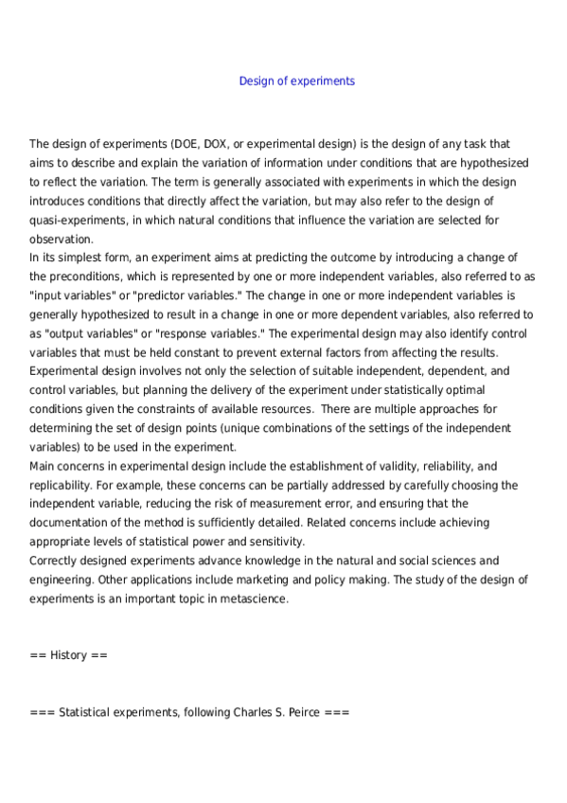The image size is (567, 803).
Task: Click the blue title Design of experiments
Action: click(296, 81)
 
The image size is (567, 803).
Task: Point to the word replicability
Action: click(62, 486)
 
